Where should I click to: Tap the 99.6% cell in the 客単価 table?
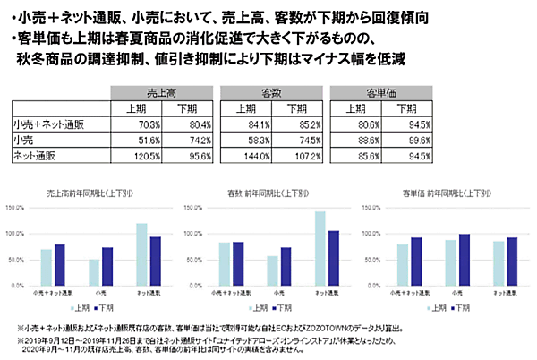pyautogui.click(x=410, y=141)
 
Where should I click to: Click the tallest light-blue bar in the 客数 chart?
pyautogui.click(x=318, y=248)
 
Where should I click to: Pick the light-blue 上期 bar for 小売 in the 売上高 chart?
pyautogui.click(x=95, y=271)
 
